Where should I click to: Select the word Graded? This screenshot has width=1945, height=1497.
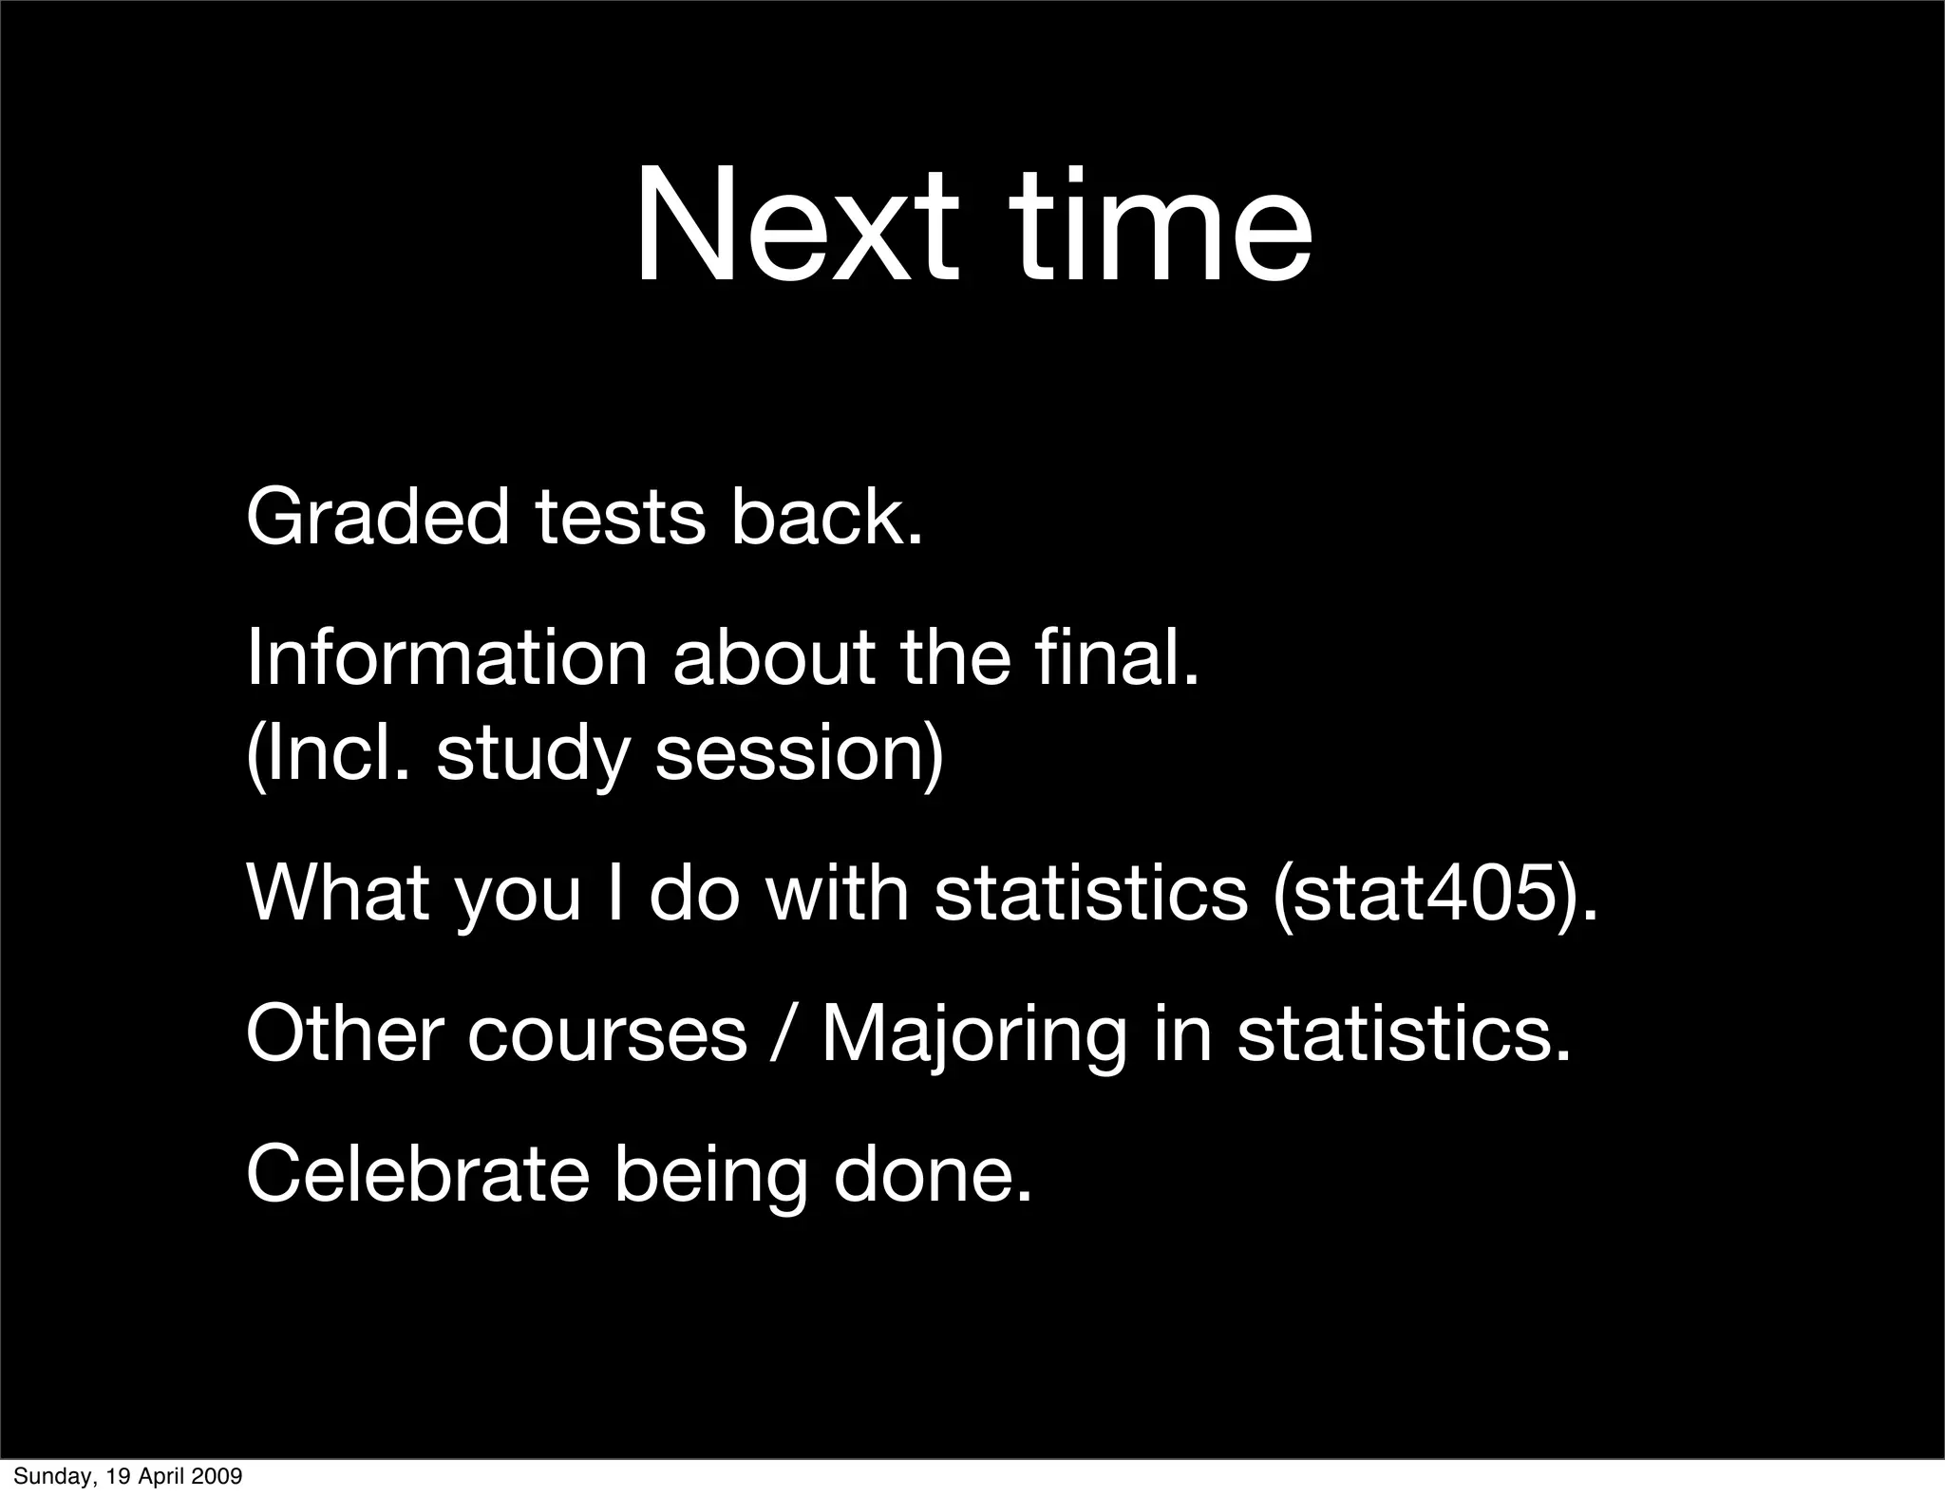[x=378, y=518]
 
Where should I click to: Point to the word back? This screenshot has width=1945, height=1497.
[x=825, y=518]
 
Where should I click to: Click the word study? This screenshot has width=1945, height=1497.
[x=533, y=755]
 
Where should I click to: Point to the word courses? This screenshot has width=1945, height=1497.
[x=607, y=1035]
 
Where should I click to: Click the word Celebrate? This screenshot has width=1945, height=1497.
[x=418, y=1174]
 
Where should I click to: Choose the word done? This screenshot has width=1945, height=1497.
[x=932, y=1174]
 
